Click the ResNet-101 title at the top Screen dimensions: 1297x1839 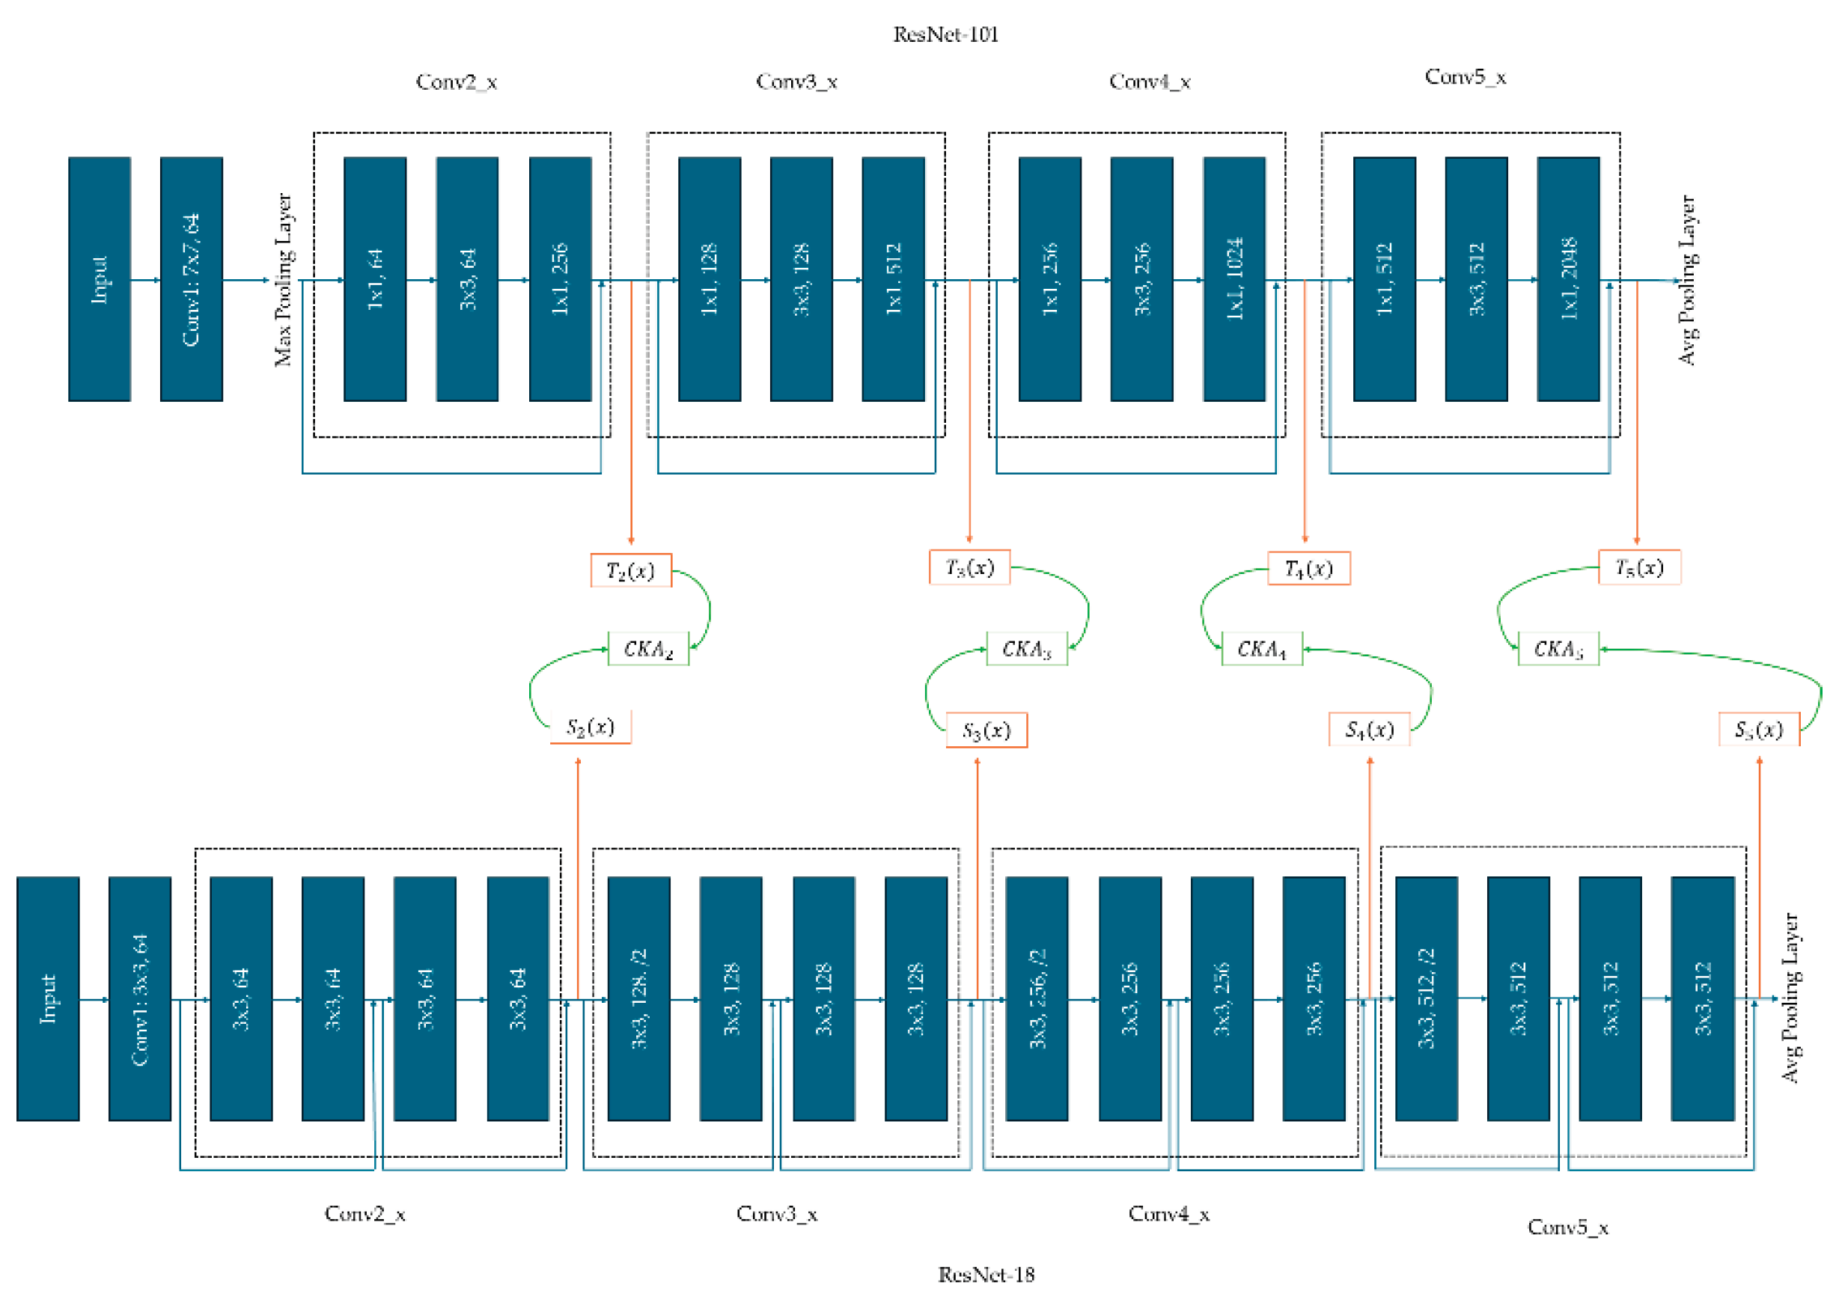tap(945, 34)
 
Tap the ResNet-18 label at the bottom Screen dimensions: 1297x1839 tap(986, 1274)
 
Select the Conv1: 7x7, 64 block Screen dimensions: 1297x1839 tap(192, 279)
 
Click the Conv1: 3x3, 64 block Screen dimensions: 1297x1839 tap(140, 998)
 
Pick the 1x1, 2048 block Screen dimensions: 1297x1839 tap(1567, 279)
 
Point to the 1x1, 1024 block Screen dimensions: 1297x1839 tap(1233, 279)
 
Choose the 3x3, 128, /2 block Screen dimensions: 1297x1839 tap(638, 998)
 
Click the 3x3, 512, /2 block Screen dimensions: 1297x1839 tap(1426, 998)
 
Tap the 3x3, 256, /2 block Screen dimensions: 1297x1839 tap(1037, 998)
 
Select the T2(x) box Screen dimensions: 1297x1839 tap(630, 570)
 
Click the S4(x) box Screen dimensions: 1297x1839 tap(1369, 729)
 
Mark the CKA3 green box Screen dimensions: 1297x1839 tap(1026, 648)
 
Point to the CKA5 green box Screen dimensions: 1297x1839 tap(1558, 648)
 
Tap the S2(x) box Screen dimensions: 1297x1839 tap(591, 727)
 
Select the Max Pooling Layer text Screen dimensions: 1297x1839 tap(284, 279)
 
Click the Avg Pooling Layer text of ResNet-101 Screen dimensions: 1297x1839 tap(1687, 279)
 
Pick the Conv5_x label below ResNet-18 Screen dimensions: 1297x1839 tap(1567, 1227)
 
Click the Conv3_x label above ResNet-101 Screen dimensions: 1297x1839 tap(796, 82)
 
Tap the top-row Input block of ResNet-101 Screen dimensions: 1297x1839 tap(100, 279)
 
